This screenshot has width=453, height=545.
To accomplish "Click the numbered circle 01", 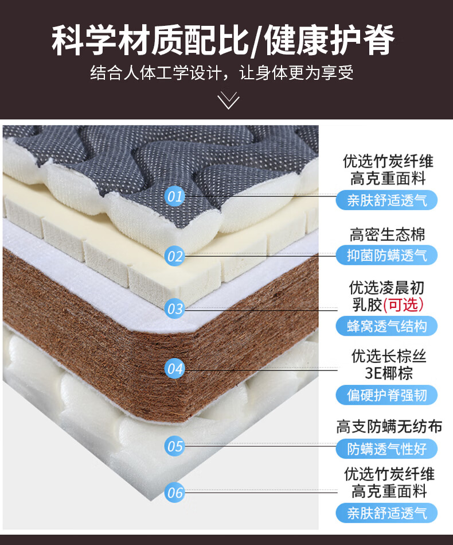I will pos(175,196).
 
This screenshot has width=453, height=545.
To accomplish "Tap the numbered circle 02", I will pos(175,256).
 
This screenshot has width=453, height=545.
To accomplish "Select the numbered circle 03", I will pos(175,309).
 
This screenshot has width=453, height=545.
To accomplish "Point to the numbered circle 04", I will pos(175,368).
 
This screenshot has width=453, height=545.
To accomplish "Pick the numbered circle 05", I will pos(175,446).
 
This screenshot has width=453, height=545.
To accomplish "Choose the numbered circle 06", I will pos(175,492).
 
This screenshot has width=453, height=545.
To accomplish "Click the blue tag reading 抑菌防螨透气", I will pos(386,254).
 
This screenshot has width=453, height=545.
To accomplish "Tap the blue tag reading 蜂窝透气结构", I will pos(386,326).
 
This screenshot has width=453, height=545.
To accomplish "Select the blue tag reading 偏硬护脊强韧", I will pos(386,395).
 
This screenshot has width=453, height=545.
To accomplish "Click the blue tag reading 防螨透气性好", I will pos(386,449).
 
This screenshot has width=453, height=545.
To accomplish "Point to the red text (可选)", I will pos(404,304).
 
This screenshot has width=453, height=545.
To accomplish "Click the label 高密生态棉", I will pos(388,234).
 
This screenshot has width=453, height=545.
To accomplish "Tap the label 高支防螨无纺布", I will pos(389,427).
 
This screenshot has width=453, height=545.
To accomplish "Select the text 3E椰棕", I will pos(389,373).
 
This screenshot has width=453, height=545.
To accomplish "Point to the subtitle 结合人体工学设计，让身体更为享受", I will pos(221,74).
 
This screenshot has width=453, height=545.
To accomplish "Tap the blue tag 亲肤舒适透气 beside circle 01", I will pos(386,200).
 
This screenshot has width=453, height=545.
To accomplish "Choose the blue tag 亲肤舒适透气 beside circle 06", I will pos(386,513).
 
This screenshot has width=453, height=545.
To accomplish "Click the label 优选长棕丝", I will pos(389,356).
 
